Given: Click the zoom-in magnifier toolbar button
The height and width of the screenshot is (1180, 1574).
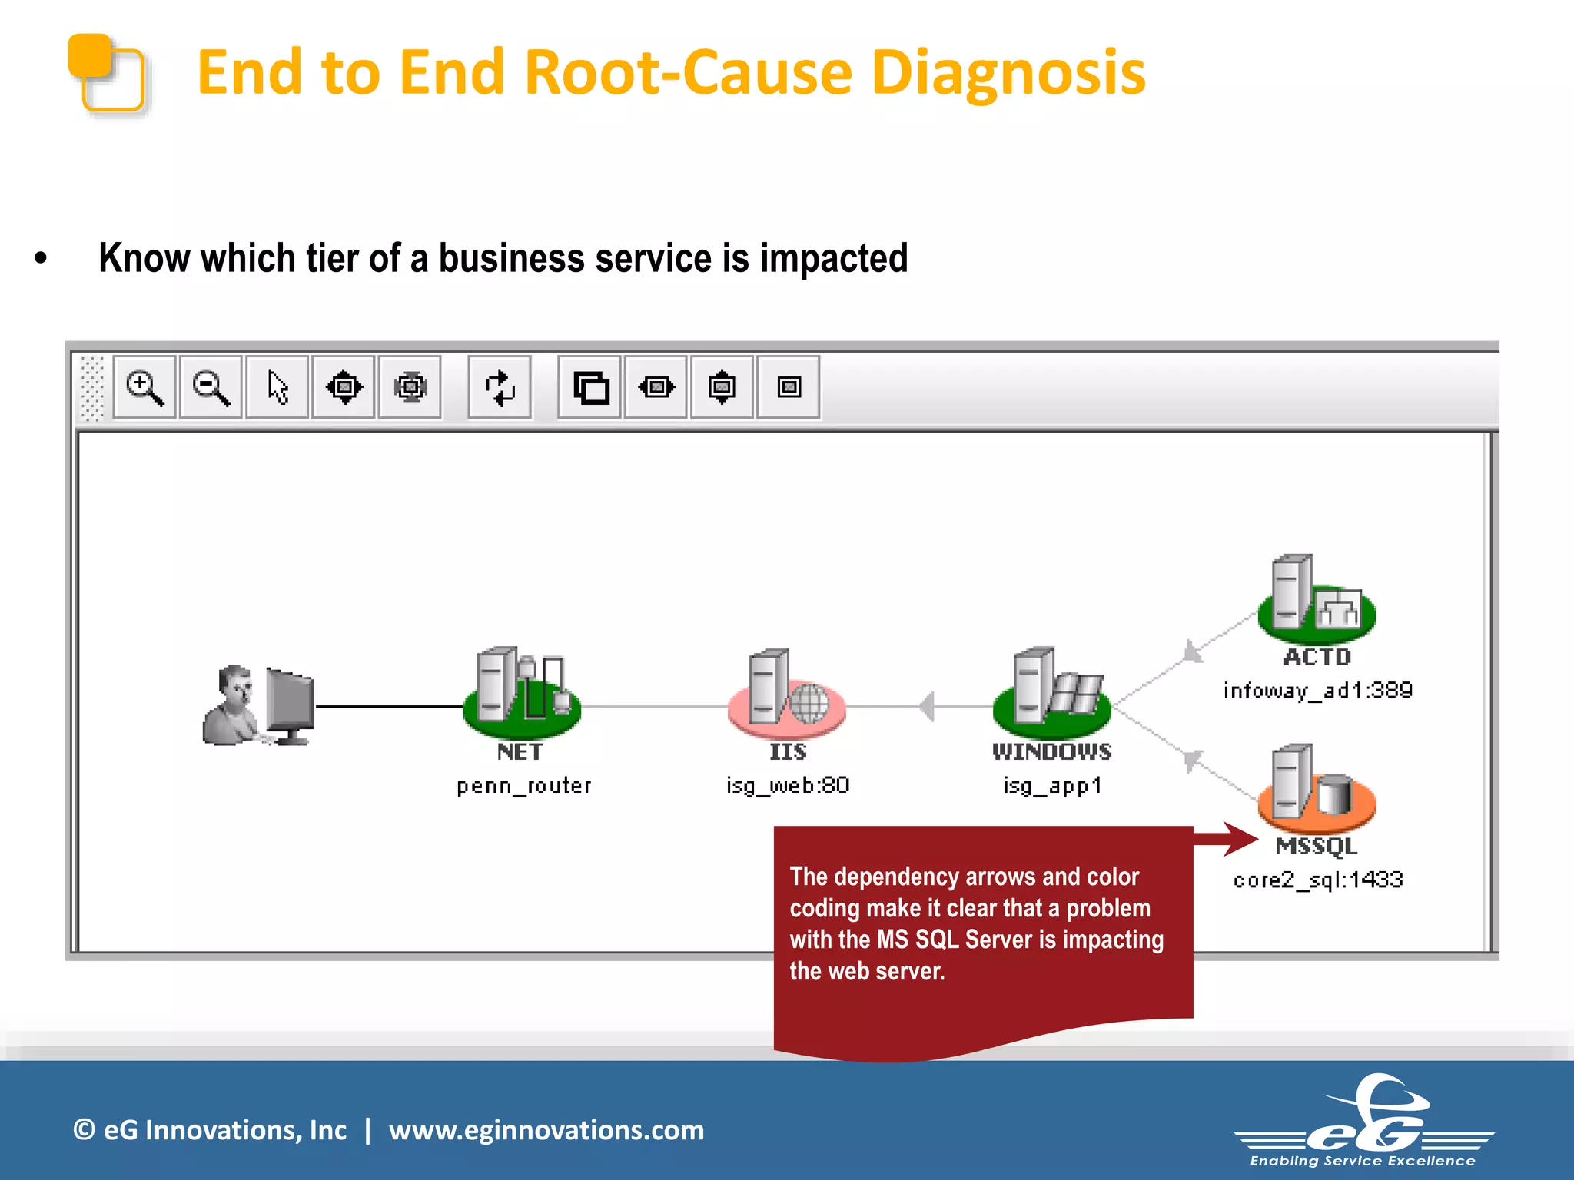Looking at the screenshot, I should pyautogui.click(x=144, y=387).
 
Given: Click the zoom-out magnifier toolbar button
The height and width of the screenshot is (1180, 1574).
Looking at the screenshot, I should pyautogui.click(x=211, y=387).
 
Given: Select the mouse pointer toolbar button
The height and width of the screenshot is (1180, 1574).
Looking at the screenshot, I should pyautogui.click(x=277, y=387).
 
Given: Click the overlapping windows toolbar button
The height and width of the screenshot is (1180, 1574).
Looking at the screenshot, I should pyautogui.click(x=590, y=387).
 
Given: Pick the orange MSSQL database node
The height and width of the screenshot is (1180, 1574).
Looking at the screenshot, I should pyautogui.click(x=1317, y=791).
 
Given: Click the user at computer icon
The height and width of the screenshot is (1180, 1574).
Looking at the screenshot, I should pyautogui.click(x=258, y=705).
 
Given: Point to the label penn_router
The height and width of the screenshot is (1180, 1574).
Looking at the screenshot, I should pyautogui.click(x=524, y=786).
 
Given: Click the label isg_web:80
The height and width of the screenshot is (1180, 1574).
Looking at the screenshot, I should pyautogui.click(x=788, y=785).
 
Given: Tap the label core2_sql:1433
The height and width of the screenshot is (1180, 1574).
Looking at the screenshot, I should pyautogui.click(x=1318, y=880).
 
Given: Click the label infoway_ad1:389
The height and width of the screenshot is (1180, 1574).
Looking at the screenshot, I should pyautogui.click(x=1317, y=691).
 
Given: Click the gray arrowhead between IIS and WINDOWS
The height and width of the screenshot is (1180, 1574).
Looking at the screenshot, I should pyautogui.click(x=928, y=706).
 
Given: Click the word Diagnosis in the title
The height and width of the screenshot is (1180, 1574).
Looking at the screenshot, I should pyautogui.click(x=1008, y=72).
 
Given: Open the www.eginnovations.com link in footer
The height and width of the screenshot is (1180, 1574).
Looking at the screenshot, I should pyautogui.click(x=546, y=1130).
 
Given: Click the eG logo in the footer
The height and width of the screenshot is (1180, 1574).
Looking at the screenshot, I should pyautogui.click(x=1364, y=1122).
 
